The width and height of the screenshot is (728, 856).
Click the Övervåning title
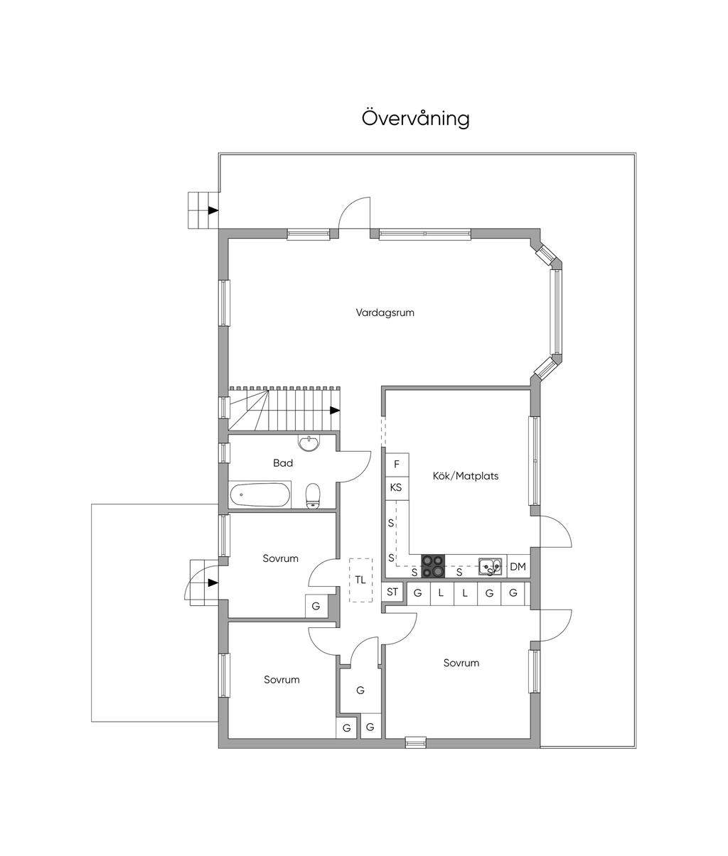click(416, 118)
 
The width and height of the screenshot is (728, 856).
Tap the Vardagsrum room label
click(385, 313)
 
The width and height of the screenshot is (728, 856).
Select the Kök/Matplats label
click(465, 476)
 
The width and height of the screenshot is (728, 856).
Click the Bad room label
click(283, 463)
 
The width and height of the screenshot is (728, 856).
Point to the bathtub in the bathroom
click(259, 494)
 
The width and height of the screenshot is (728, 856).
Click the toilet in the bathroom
click(313, 495)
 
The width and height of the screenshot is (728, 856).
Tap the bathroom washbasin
click(309, 443)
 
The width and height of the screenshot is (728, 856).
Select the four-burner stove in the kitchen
click(433, 566)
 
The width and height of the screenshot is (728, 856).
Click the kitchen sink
click(491, 567)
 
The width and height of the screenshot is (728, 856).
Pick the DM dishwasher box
click(518, 566)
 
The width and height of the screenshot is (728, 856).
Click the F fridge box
click(397, 465)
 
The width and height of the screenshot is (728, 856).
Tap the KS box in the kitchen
click(397, 488)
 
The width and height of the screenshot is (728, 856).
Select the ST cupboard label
click(392, 592)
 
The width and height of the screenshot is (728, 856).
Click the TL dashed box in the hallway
click(360, 580)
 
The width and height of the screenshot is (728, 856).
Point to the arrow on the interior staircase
click(335, 411)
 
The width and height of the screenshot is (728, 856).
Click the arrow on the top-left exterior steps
click(213, 210)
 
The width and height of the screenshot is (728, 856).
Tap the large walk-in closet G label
click(360, 690)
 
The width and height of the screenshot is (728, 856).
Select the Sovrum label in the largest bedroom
click(461, 663)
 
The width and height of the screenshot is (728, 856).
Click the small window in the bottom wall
click(415, 742)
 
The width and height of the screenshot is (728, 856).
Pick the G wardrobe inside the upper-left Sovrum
click(316, 606)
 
